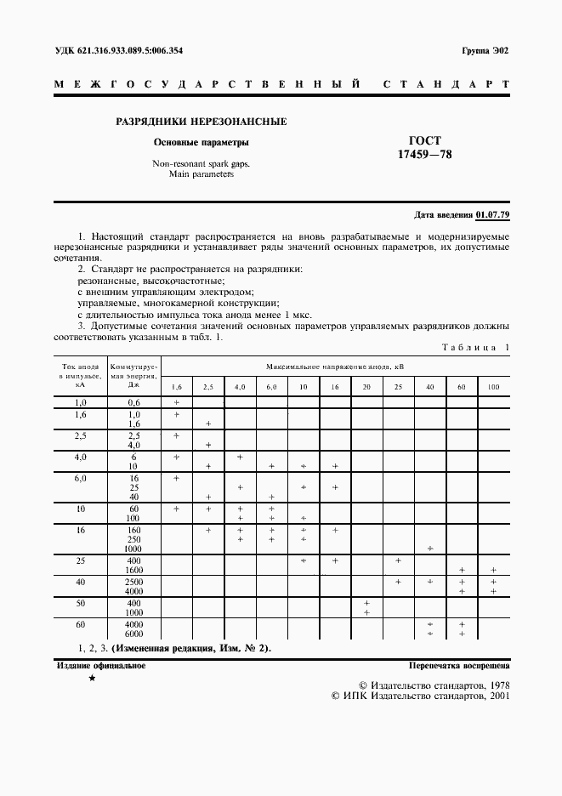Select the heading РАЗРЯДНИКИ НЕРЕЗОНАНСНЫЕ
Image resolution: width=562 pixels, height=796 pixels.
click(x=201, y=122)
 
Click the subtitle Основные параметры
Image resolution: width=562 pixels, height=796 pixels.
click(x=201, y=142)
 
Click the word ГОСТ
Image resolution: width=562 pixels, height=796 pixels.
click(x=426, y=141)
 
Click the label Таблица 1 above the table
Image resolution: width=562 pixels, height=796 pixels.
click(x=475, y=347)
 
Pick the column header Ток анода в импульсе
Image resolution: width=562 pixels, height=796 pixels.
click(x=80, y=375)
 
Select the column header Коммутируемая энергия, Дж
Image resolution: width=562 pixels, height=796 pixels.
click(x=133, y=375)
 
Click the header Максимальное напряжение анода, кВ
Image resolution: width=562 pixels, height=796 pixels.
click(x=335, y=367)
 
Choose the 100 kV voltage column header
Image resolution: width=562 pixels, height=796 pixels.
click(x=493, y=387)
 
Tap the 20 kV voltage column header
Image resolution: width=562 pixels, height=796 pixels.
click(x=366, y=387)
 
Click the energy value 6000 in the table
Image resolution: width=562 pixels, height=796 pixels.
click(x=133, y=634)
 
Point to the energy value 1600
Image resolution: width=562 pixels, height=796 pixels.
click(x=133, y=570)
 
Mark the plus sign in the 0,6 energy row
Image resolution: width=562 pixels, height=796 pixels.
click(x=177, y=401)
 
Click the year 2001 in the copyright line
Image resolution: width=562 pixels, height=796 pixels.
click(x=494, y=695)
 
